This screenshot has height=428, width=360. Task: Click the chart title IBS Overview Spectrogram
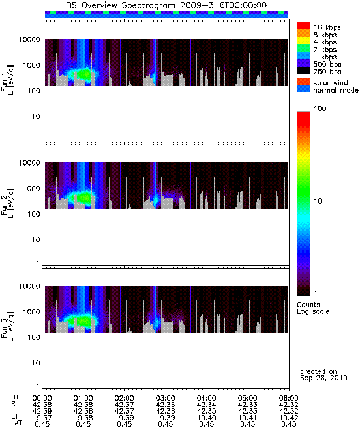(x=119, y=5)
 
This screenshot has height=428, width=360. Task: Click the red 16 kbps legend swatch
(x=304, y=25)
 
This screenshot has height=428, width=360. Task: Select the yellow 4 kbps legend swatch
(x=304, y=40)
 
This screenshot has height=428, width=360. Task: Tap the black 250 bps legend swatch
(x=304, y=70)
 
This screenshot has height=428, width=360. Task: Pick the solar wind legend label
(x=331, y=83)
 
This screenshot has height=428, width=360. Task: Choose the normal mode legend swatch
(x=304, y=89)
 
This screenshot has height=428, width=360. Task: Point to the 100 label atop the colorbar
(x=320, y=108)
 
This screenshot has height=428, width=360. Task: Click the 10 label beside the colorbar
(x=318, y=201)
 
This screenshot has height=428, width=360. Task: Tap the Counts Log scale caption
(x=313, y=308)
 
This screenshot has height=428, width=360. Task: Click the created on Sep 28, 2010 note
(x=323, y=374)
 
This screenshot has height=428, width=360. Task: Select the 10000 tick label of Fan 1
(x=29, y=40)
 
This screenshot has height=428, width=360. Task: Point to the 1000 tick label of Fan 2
(x=31, y=189)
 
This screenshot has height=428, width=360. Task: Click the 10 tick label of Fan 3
(x=36, y=363)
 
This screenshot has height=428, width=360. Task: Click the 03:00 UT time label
(x=165, y=398)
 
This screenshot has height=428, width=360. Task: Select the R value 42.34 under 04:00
(x=206, y=405)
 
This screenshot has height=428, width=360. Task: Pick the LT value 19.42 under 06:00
(x=288, y=418)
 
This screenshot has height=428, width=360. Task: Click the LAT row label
(x=17, y=423)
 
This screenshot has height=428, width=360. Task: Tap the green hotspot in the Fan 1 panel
(x=83, y=74)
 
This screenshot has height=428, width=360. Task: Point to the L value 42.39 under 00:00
(x=42, y=411)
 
